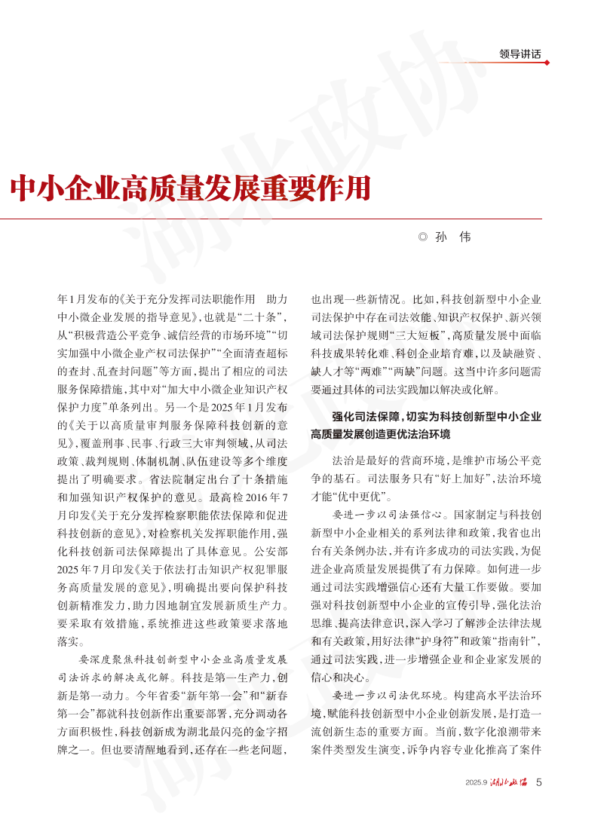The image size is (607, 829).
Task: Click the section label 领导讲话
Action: point(520,54)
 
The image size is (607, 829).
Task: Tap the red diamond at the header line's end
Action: point(547,63)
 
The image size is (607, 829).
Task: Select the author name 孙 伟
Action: point(453,237)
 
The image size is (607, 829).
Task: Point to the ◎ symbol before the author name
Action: point(422,237)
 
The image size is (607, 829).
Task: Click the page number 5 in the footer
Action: point(538,782)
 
